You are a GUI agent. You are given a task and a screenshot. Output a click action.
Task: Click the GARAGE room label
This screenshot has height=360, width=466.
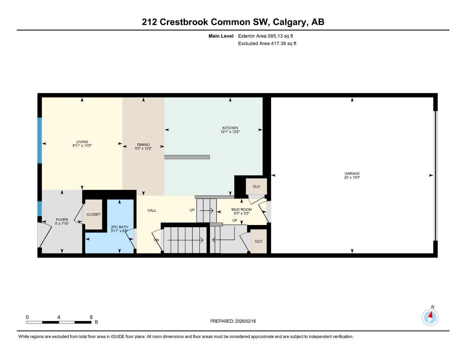point(352,173)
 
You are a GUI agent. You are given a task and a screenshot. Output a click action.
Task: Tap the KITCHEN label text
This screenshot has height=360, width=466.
point(230,128)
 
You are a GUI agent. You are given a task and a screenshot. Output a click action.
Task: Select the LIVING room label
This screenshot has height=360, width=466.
point(82,142)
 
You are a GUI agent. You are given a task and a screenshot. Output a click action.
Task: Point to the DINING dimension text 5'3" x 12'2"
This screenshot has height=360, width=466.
point(143,149)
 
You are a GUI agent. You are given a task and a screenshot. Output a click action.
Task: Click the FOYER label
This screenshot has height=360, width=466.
point(62,220)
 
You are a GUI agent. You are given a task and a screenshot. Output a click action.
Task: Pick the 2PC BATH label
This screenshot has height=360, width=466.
point(120,227)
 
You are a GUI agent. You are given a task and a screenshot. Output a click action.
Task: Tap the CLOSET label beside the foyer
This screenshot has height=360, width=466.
point(94,214)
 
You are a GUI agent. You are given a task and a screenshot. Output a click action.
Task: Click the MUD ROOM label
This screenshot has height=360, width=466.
point(242,210)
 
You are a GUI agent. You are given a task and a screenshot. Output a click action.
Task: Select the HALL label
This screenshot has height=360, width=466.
point(152,211)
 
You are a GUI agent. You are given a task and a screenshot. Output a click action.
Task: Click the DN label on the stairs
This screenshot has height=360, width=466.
point(157,240)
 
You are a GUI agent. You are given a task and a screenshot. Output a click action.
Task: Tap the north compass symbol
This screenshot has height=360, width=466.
point(430,317)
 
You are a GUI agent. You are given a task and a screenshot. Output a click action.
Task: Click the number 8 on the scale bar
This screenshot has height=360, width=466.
point(91,317)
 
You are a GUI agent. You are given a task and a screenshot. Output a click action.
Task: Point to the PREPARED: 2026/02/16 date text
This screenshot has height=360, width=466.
point(233,321)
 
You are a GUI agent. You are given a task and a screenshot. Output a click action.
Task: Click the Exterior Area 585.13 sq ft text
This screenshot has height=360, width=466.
point(266,36)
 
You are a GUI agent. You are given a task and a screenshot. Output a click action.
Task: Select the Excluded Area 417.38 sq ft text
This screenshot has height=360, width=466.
point(267,44)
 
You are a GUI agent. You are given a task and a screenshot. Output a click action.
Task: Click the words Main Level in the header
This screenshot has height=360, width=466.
point(221,36)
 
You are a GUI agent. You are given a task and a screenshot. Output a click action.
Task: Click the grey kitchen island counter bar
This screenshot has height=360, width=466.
point(187,157)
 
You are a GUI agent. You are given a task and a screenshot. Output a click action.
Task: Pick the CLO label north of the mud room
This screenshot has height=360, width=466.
point(256,186)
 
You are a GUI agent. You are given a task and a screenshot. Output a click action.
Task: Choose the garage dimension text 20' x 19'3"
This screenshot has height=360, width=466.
point(352,178)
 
